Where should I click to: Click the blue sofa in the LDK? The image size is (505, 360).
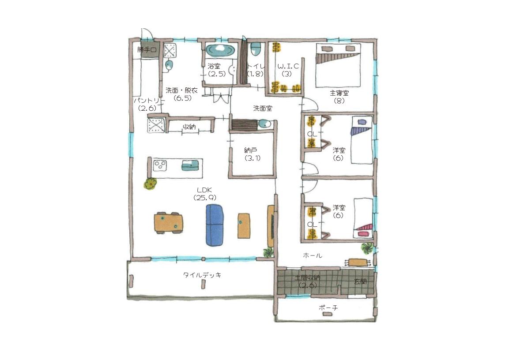coord(215,225)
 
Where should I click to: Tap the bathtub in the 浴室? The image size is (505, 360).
coord(221,50)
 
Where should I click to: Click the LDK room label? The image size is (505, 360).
coord(204,190)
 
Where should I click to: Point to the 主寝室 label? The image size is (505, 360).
coord(339,93)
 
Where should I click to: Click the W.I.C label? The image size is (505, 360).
coord(288,66)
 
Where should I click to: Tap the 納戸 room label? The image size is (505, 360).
coord(251,150)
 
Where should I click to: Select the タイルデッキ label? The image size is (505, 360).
coord(202,275)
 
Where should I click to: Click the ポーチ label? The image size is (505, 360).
coord(328,308)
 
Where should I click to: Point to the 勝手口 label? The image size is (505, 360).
coord(147,50)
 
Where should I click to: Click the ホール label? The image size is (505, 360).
coord(313,256)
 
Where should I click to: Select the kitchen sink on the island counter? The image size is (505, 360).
coord(191,165)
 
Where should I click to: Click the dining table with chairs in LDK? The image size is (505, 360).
coord(169,223)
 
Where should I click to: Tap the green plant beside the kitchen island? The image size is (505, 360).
coord(150,184)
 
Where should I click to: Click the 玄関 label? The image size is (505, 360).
coord(360,282)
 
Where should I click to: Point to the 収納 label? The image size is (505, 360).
coord(189,127)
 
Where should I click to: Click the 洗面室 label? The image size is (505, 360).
coord(263,108)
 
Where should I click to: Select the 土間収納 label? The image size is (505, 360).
coord(308,277)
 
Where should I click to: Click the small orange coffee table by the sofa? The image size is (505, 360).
coord(244,226)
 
